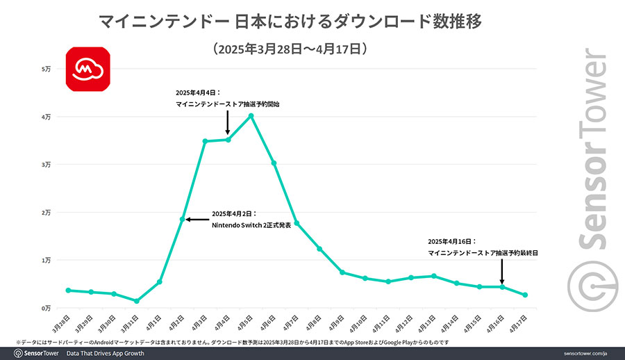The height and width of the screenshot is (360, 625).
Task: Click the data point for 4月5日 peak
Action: click(x=251, y=115)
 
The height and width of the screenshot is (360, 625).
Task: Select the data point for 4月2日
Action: click(x=183, y=220)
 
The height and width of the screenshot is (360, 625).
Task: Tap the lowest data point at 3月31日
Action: click(x=137, y=301)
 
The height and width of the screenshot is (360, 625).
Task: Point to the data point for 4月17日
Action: click(x=525, y=295)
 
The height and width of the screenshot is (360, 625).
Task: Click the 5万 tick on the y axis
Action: click(x=47, y=69)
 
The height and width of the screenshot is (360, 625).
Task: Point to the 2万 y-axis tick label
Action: click(x=47, y=213)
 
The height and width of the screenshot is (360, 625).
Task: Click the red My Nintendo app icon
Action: click(x=87, y=69)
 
